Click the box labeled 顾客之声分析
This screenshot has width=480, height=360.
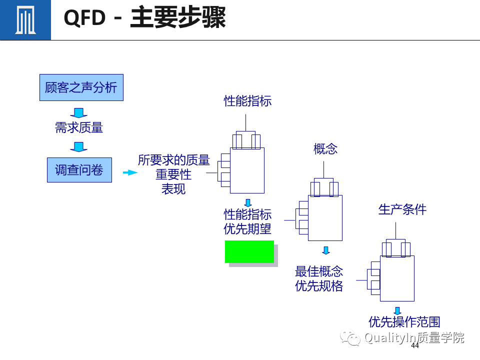(81, 87)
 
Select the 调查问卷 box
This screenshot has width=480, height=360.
(79, 170)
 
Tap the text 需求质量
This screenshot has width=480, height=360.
(79, 127)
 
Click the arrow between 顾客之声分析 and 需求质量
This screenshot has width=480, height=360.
(79, 112)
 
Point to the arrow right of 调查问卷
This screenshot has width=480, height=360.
(129, 172)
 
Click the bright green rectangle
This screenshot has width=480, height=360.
(249, 251)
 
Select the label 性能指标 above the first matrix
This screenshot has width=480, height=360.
(247, 101)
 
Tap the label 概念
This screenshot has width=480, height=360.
(325, 148)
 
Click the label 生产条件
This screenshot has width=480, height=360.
(402, 209)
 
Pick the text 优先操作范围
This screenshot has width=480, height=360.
(404, 321)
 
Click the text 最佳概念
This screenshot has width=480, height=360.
(319, 271)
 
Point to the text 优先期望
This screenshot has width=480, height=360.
(247, 229)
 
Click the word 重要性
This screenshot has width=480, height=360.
(173, 175)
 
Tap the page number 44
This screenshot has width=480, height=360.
(414, 346)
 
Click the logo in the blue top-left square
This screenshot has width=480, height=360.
(25, 20)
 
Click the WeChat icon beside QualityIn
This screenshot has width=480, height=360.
(350, 338)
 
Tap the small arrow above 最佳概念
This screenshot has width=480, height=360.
(326, 250)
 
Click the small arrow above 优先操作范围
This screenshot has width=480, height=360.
(397, 311)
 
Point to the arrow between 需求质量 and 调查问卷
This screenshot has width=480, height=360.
(79, 147)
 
